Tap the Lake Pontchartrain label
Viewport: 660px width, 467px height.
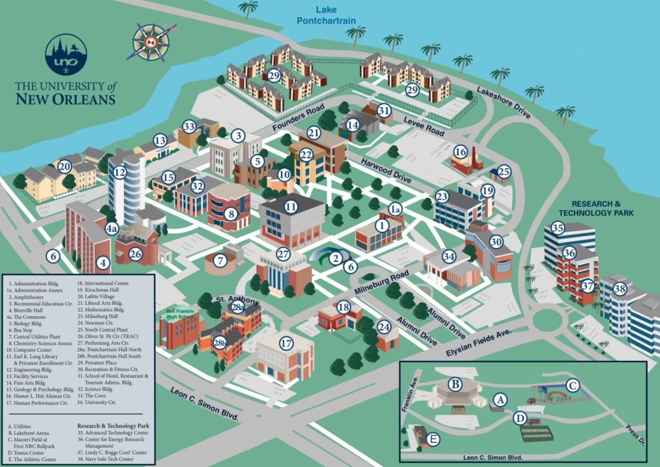pyautogui.click(x=326, y=15)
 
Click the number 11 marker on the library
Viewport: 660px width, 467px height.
pyautogui.click(x=291, y=207)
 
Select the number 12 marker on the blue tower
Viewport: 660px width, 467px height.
pyautogui.click(x=119, y=173)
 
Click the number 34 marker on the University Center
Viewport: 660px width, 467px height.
pyautogui.click(x=449, y=256)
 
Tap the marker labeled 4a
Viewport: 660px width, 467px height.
pyautogui.click(x=112, y=229)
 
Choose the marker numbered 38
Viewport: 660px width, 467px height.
pyautogui.click(x=619, y=289)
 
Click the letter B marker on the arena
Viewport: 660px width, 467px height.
pyautogui.click(x=456, y=385)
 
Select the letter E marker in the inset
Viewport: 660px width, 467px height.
pyautogui.click(x=434, y=440)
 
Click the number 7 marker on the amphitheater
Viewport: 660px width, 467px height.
pyautogui.click(x=221, y=261)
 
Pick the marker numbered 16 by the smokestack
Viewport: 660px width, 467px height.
pyautogui.click(x=460, y=151)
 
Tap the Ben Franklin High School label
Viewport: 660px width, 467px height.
pyautogui.click(x=181, y=314)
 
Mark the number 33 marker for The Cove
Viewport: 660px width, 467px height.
pyautogui.click(x=189, y=126)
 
